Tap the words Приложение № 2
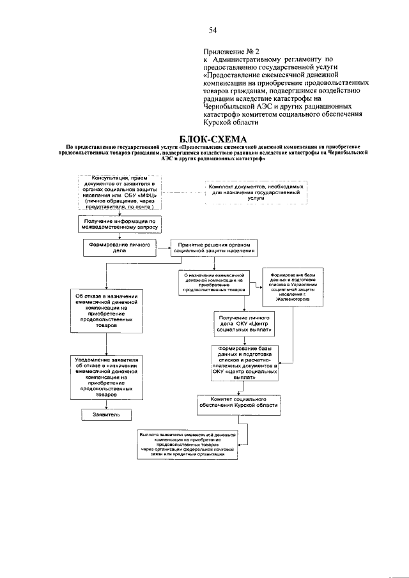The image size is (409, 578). pyautogui.click(x=232, y=49)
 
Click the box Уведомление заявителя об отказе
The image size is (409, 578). pyautogui.click(x=106, y=377)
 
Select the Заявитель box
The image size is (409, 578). pyautogui.click(x=105, y=414)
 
